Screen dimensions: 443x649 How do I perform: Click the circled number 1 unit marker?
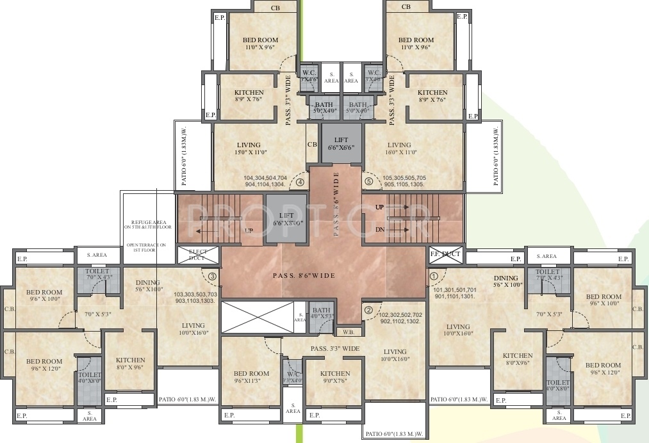(434, 277)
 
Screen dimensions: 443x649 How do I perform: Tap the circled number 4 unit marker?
(300, 182)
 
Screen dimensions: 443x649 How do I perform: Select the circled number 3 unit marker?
(212, 277)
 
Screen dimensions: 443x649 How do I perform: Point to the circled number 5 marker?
(368, 182)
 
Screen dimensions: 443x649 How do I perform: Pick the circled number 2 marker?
(368, 310)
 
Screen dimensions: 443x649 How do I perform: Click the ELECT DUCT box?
(198, 255)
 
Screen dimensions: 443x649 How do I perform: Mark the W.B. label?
(349, 332)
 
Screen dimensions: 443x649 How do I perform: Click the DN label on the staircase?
(380, 229)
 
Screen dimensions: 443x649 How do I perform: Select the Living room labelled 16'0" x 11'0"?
(400, 149)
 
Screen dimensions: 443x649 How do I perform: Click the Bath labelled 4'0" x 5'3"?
(321, 312)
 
